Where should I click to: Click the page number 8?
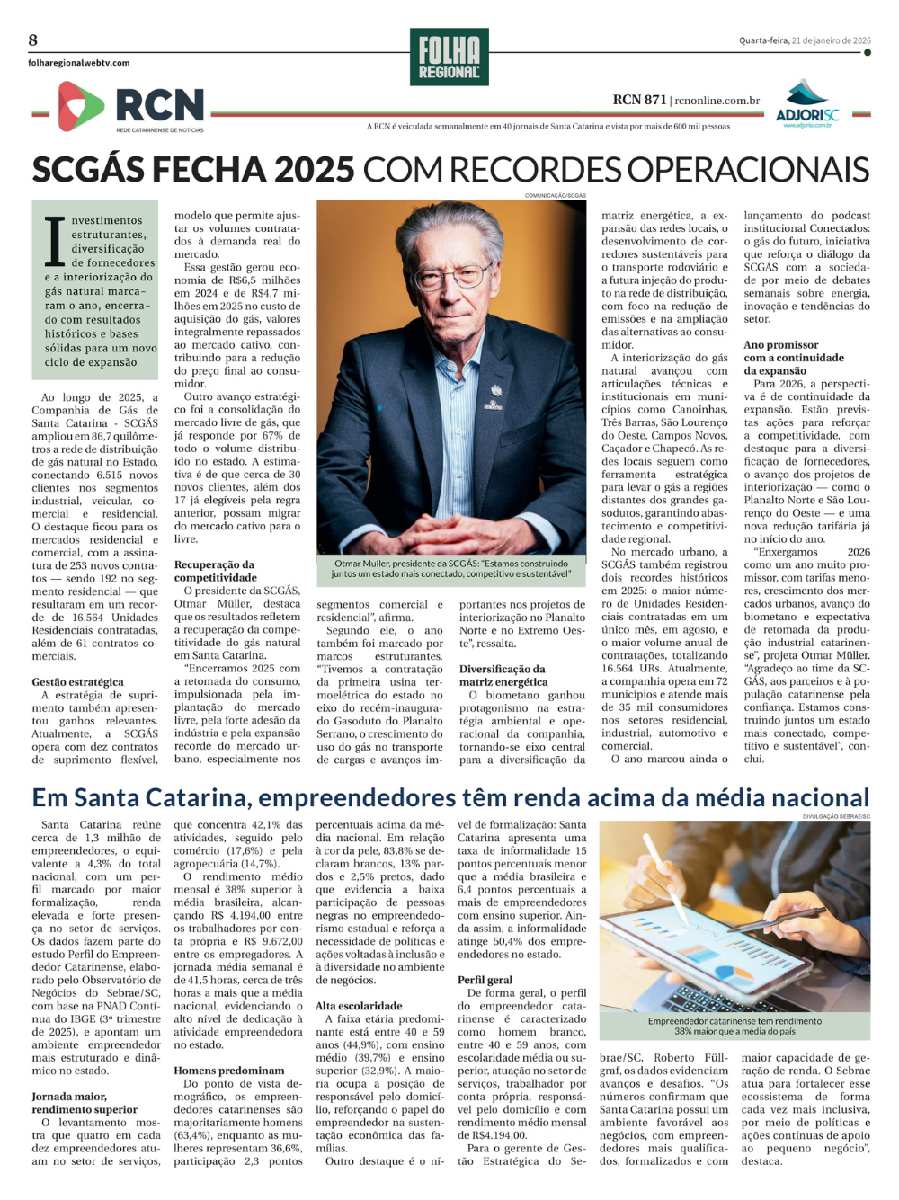point(33,40)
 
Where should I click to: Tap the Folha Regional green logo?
point(449,57)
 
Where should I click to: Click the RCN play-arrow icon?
point(79,106)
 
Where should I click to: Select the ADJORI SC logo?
point(806,104)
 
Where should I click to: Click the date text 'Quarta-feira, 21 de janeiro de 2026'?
point(805,40)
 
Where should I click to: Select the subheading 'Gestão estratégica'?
point(77,682)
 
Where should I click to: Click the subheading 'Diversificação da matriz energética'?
point(503,675)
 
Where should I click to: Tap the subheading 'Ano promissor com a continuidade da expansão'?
point(781,358)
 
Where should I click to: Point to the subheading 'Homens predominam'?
point(228,1071)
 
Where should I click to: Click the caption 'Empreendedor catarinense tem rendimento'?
point(734,1021)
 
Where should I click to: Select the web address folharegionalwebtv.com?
point(79,63)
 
